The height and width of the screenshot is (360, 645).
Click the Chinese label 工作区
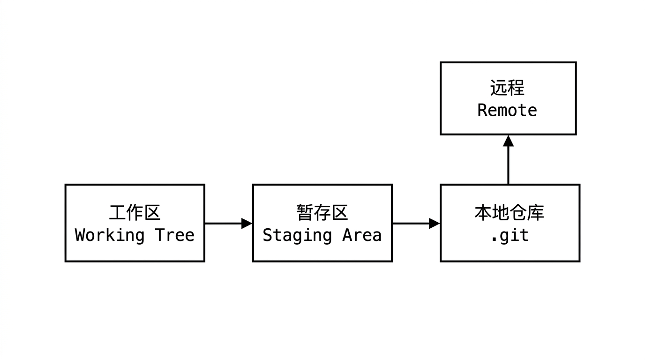coord(135,212)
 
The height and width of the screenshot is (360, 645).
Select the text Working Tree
coord(135,235)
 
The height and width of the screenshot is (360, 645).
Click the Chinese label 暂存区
coord(322,212)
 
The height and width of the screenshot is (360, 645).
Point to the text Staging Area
coord(322,235)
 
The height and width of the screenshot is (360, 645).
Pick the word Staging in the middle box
coord(297,235)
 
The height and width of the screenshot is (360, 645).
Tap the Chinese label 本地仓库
coord(509,212)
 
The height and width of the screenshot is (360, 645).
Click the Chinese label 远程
coord(507,88)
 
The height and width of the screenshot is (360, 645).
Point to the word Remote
coord(507,110)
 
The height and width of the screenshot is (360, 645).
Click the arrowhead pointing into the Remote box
coord(508,141)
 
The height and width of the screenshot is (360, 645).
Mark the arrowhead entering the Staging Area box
coord(247,224)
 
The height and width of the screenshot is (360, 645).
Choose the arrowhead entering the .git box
coord(434,224)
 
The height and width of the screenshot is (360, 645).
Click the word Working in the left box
coord(109,235)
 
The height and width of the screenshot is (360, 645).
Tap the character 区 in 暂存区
coord(339,212)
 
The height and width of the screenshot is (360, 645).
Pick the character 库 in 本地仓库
coord(536,212)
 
